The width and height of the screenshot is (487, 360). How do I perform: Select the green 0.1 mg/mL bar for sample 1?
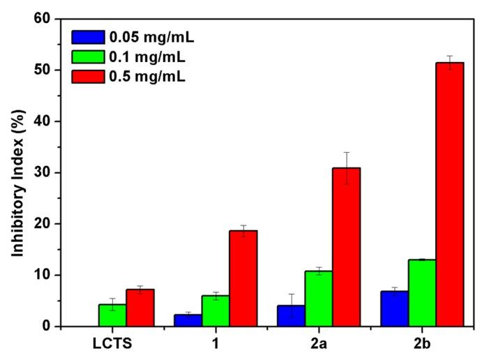[215, 310]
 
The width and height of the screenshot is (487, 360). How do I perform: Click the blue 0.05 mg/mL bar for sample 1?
[187, 320]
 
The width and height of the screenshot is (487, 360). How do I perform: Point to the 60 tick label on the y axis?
[43, 19]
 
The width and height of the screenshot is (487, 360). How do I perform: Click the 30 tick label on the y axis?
[43, 172]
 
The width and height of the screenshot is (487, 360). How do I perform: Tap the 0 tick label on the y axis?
[47, 326]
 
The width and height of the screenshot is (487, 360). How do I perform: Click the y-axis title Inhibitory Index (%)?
[16, 172]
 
